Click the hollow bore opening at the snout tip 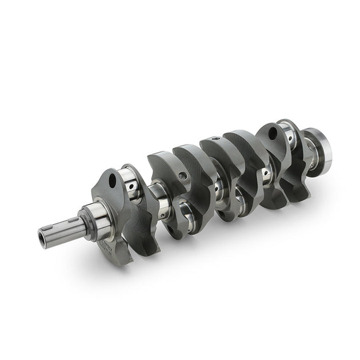click(43, 235)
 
